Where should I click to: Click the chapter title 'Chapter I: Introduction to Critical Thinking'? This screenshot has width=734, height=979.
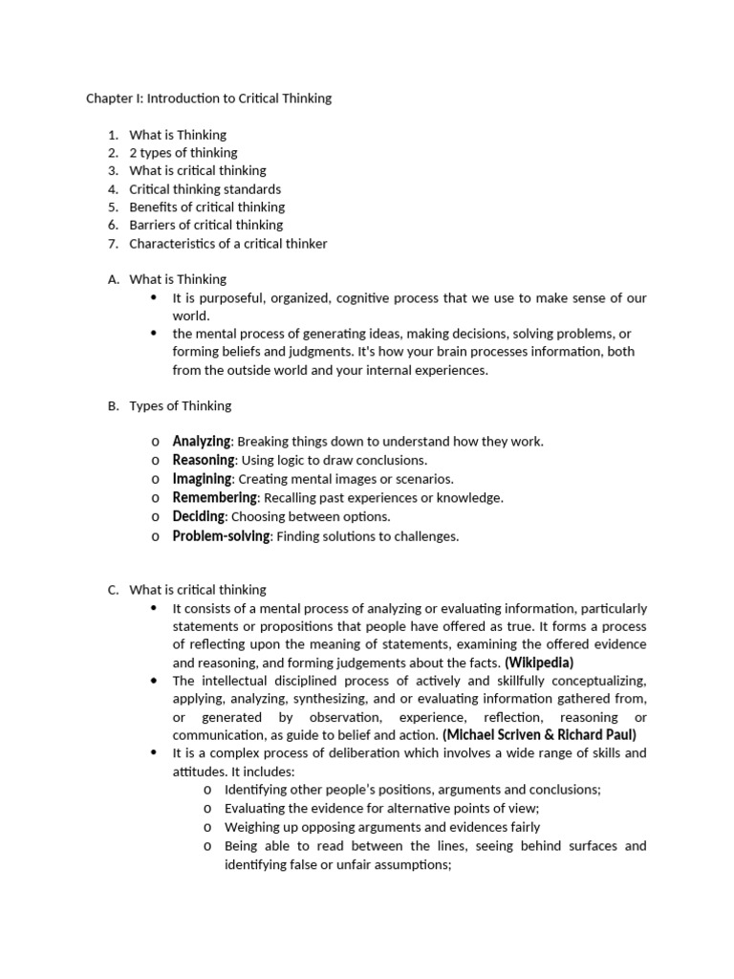tap(208, 98)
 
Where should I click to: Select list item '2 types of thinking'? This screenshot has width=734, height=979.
tap(183, 153)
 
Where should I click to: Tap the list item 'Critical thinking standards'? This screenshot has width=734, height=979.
tap(205, 189)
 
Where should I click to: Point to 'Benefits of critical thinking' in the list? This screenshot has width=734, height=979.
tap(206, 207)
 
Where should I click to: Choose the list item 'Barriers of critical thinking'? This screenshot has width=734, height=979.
tap(205, 226)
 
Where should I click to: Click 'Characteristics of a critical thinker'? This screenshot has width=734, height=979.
tap(227, 244)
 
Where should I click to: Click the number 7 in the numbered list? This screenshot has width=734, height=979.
tap(112, 244)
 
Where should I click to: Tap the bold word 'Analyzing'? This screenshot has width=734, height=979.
tap(202, 442)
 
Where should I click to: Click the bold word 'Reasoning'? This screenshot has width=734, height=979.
tap(203, 461)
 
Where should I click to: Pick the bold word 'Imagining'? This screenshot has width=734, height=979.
tap(202, 479)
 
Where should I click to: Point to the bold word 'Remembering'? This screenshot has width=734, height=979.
tap(214, 498)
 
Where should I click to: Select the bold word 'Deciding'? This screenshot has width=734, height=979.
tap(199, 516)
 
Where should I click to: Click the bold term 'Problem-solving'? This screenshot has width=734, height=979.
tap(222, 536)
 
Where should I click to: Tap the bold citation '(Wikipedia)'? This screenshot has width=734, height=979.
tap(539, 663)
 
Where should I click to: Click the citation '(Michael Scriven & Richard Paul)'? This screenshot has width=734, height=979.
tap(539, 735)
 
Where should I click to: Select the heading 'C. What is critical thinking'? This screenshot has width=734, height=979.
tap(186, 590)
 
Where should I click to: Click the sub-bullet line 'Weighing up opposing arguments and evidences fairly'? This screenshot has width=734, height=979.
tap(381, 827)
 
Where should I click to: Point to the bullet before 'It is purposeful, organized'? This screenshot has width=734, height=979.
tap(154, 298)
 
